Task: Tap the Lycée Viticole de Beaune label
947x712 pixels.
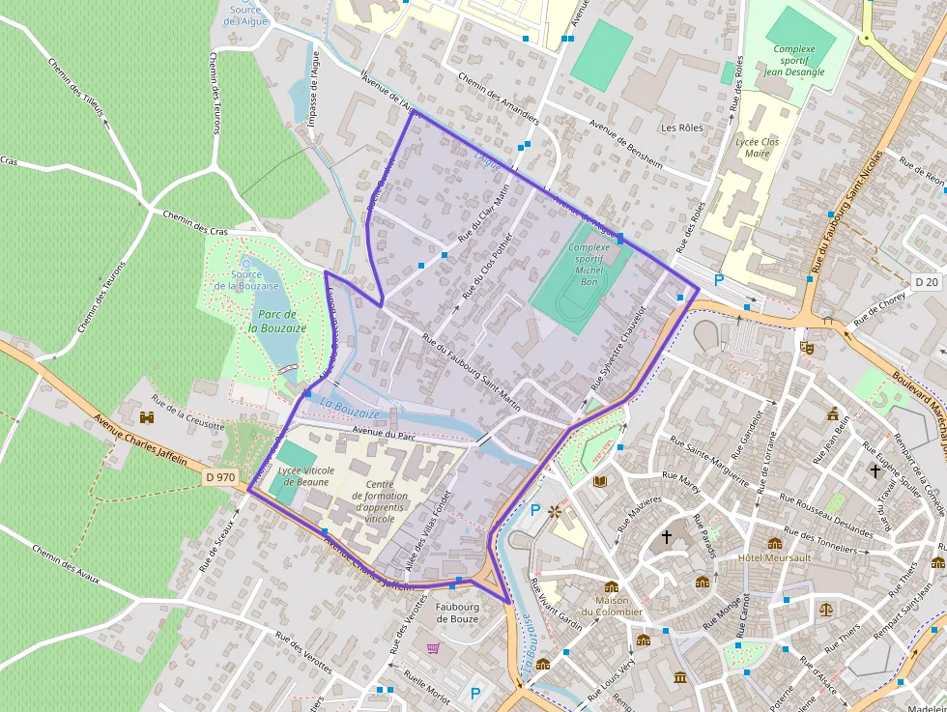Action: tap(305, 475)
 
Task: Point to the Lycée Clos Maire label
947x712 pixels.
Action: tap(757, 147)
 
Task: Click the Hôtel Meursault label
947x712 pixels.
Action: tap(773, 558)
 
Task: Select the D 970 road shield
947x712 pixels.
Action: tap(220, 476)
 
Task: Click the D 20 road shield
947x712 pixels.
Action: tap(926, 281)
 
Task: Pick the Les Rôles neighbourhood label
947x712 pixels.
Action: tap(681, 128)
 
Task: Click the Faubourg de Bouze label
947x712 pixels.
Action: tap(457, 612)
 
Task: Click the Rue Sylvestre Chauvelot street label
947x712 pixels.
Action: tap(617, 351)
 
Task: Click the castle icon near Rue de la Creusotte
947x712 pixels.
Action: tap(147, 417)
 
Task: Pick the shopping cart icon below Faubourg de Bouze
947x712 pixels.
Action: tap(434, 648)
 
